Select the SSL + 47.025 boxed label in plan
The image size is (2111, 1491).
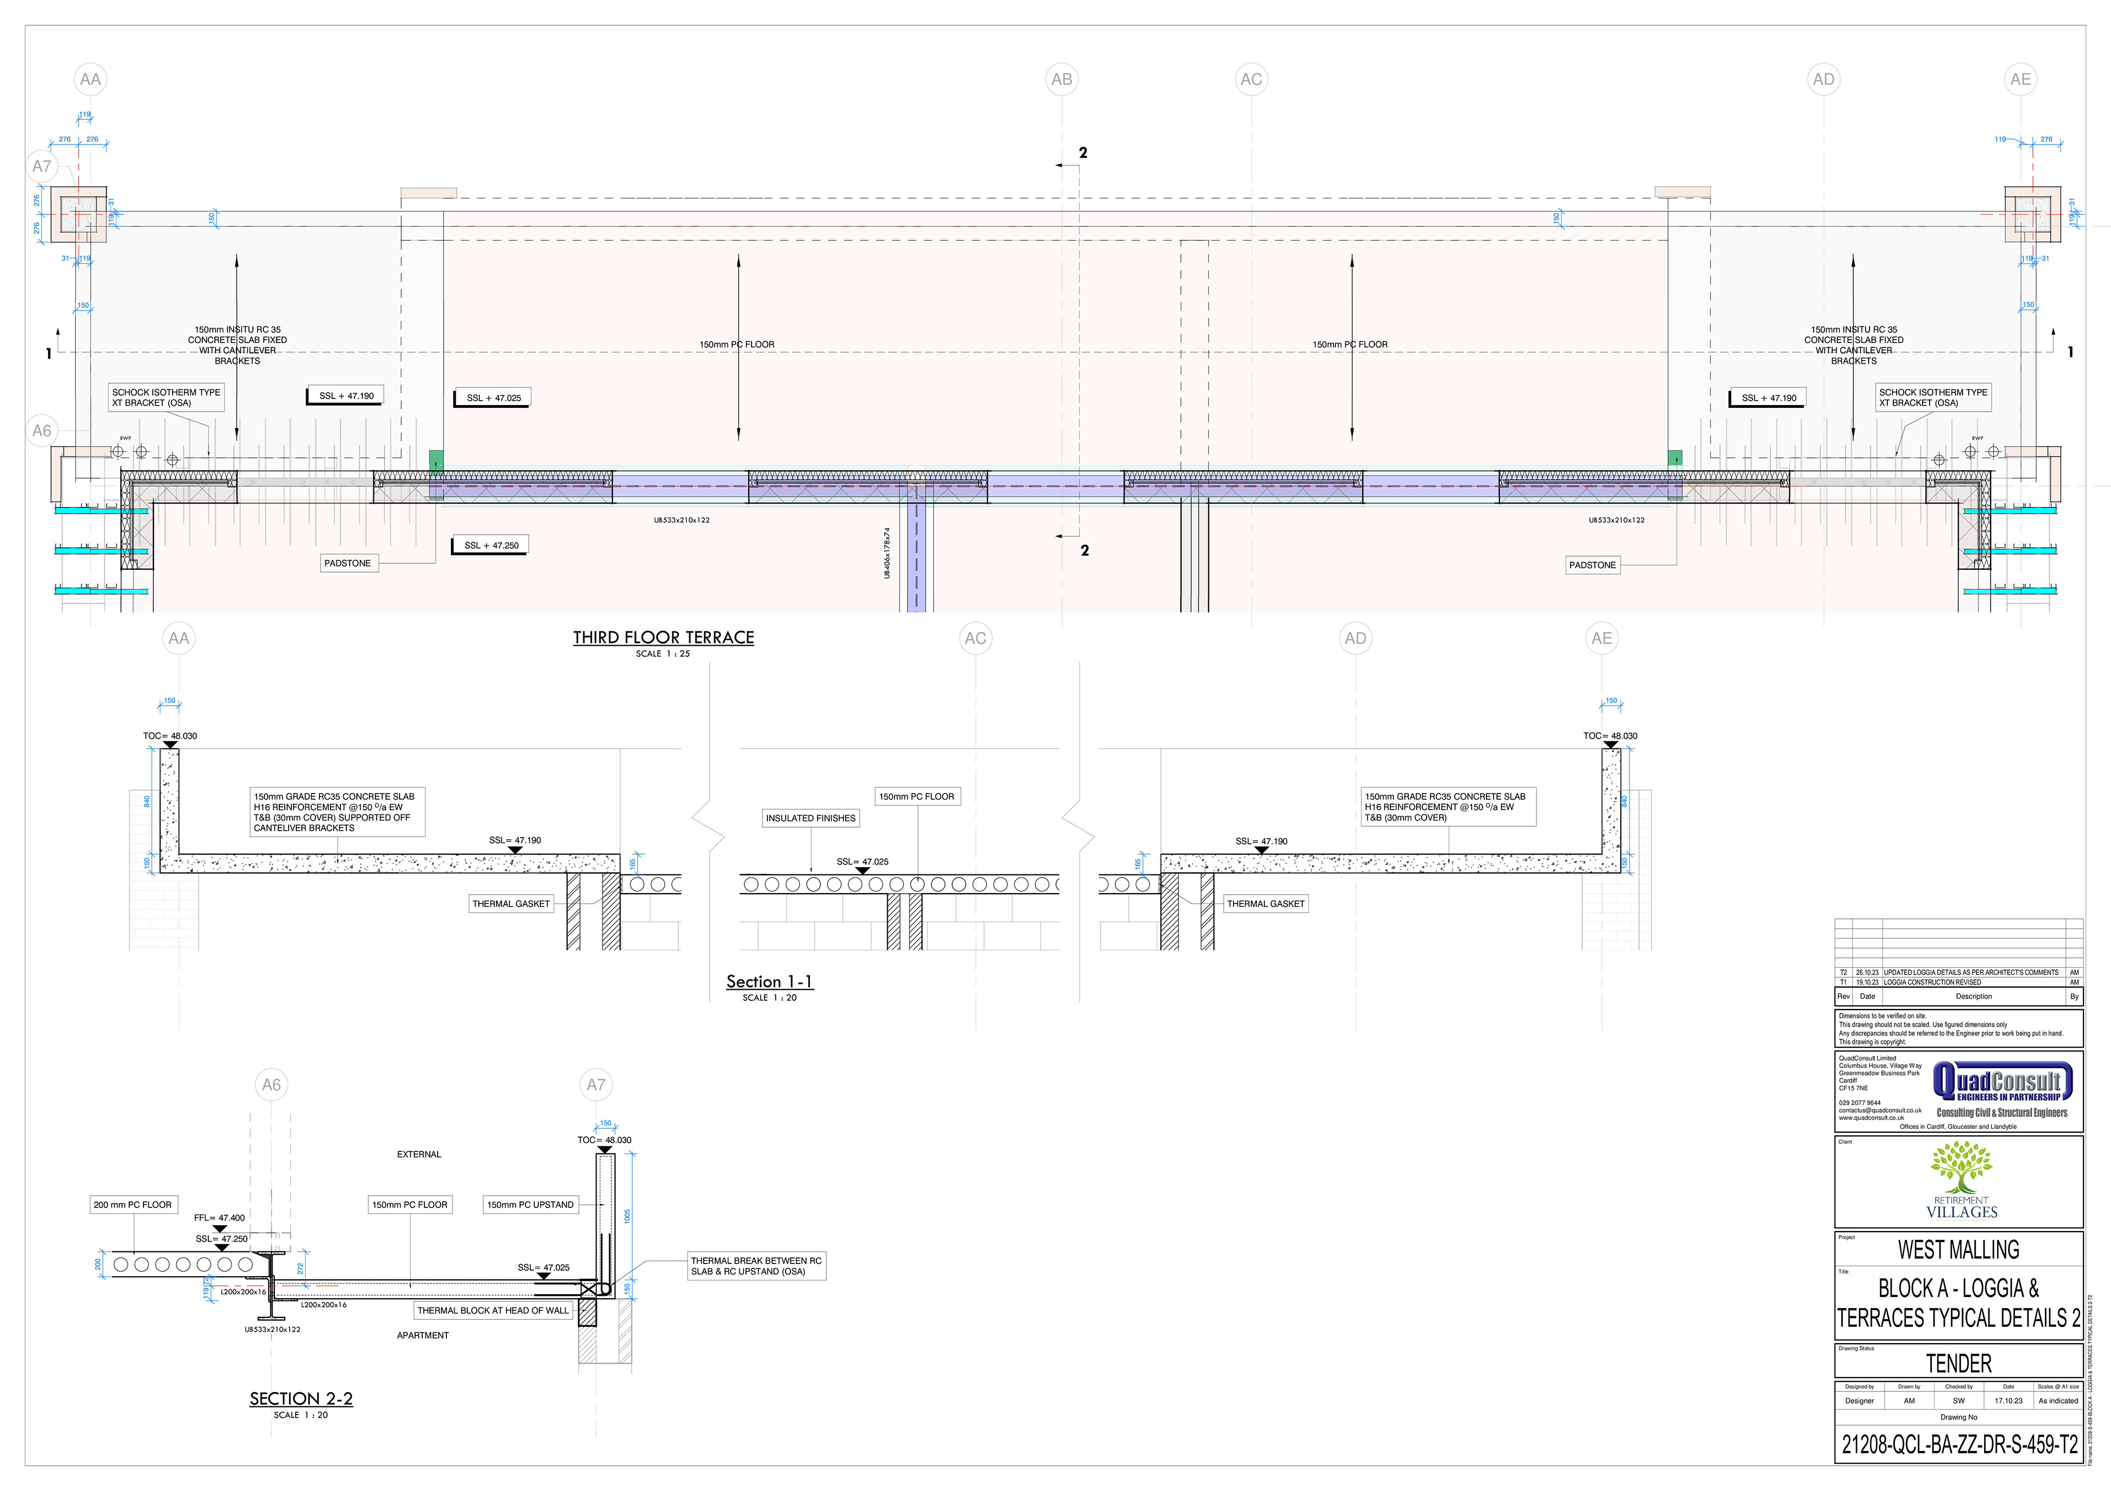tap(493, 398)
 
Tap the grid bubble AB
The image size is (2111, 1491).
tap(1062, 79)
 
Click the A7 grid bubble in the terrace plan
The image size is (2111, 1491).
tap(42, 167)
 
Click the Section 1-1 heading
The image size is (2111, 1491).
tap(770, 982)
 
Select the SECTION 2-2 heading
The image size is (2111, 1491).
tap(301, 1398)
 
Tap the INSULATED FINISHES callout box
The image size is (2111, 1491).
tap(810, 818)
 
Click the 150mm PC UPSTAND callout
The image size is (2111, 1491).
tap(530, 1204)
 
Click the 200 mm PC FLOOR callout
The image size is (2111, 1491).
tap(132, 1204)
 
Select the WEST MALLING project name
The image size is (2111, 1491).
tap(1958, 1250)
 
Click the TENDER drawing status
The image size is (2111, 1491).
tap(1958, 1363)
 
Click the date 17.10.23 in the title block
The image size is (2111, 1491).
tap(2008, 1401)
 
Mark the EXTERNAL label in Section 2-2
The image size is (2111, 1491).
tap(419, 1155)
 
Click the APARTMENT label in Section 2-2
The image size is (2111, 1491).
tap(423, 1335)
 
